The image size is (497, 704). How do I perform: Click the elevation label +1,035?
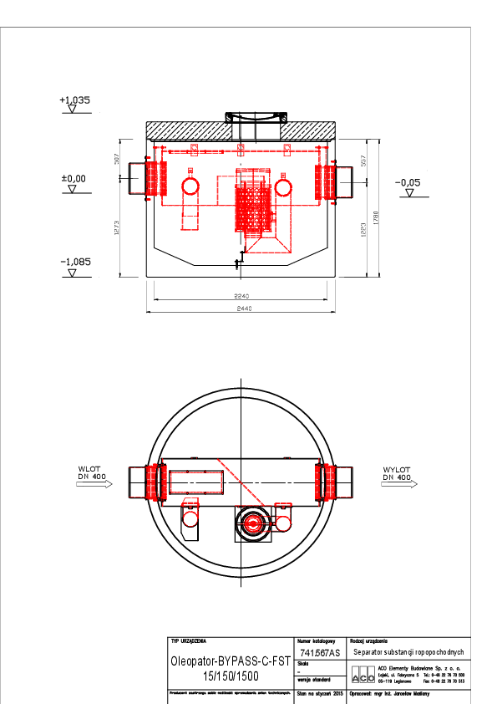click(x=74, y=99)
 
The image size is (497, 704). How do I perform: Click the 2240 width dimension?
click(x=242, y=297)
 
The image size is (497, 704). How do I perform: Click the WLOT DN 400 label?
click(x=89, y=473)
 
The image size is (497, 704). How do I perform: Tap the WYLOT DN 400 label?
click(x=396, y=473)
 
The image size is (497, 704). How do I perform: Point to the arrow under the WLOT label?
click(x=94, y=484)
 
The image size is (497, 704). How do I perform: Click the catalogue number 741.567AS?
click(x=320, y=653)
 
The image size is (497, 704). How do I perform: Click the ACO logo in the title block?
click(x=363, y=676)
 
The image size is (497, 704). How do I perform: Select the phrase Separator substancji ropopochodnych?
click(x=407, y=652)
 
